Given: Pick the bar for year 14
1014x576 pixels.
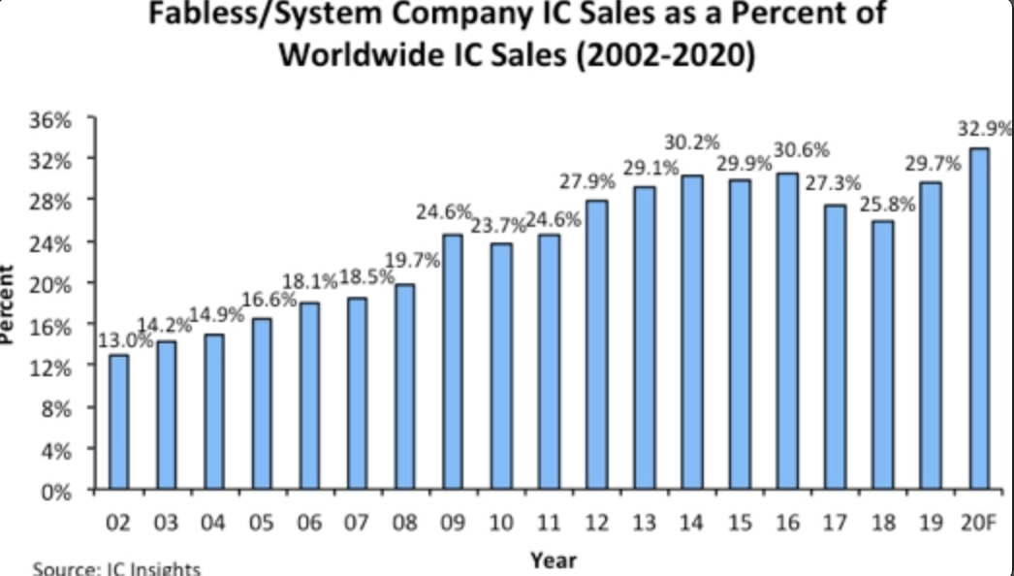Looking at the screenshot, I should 691,332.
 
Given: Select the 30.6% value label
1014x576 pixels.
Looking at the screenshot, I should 801,150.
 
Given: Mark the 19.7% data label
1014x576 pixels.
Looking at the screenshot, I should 413,261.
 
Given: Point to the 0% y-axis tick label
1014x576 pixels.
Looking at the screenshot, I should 61,491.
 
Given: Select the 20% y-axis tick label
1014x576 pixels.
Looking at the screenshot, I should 55,284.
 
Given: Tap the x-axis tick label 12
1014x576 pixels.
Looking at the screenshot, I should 596,524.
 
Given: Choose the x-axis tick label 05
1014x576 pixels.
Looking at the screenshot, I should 262,524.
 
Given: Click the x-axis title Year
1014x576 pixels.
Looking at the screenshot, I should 554,560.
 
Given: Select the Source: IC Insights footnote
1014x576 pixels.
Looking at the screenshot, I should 115,567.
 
